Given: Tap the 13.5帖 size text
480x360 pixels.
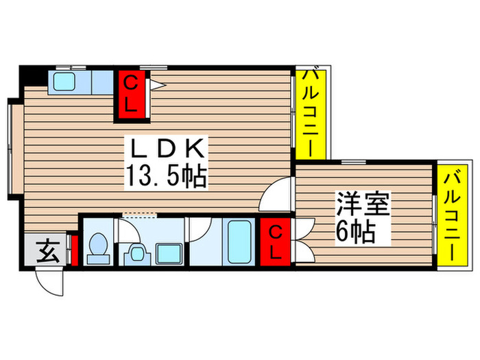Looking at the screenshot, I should click(165, 177).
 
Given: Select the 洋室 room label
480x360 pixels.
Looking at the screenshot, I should click(361, 204).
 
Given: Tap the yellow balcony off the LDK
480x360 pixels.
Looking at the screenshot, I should click(307, 113).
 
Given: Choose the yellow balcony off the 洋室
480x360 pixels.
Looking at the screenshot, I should click(450, 216).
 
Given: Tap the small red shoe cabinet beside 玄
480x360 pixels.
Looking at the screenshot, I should click(75, 254).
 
